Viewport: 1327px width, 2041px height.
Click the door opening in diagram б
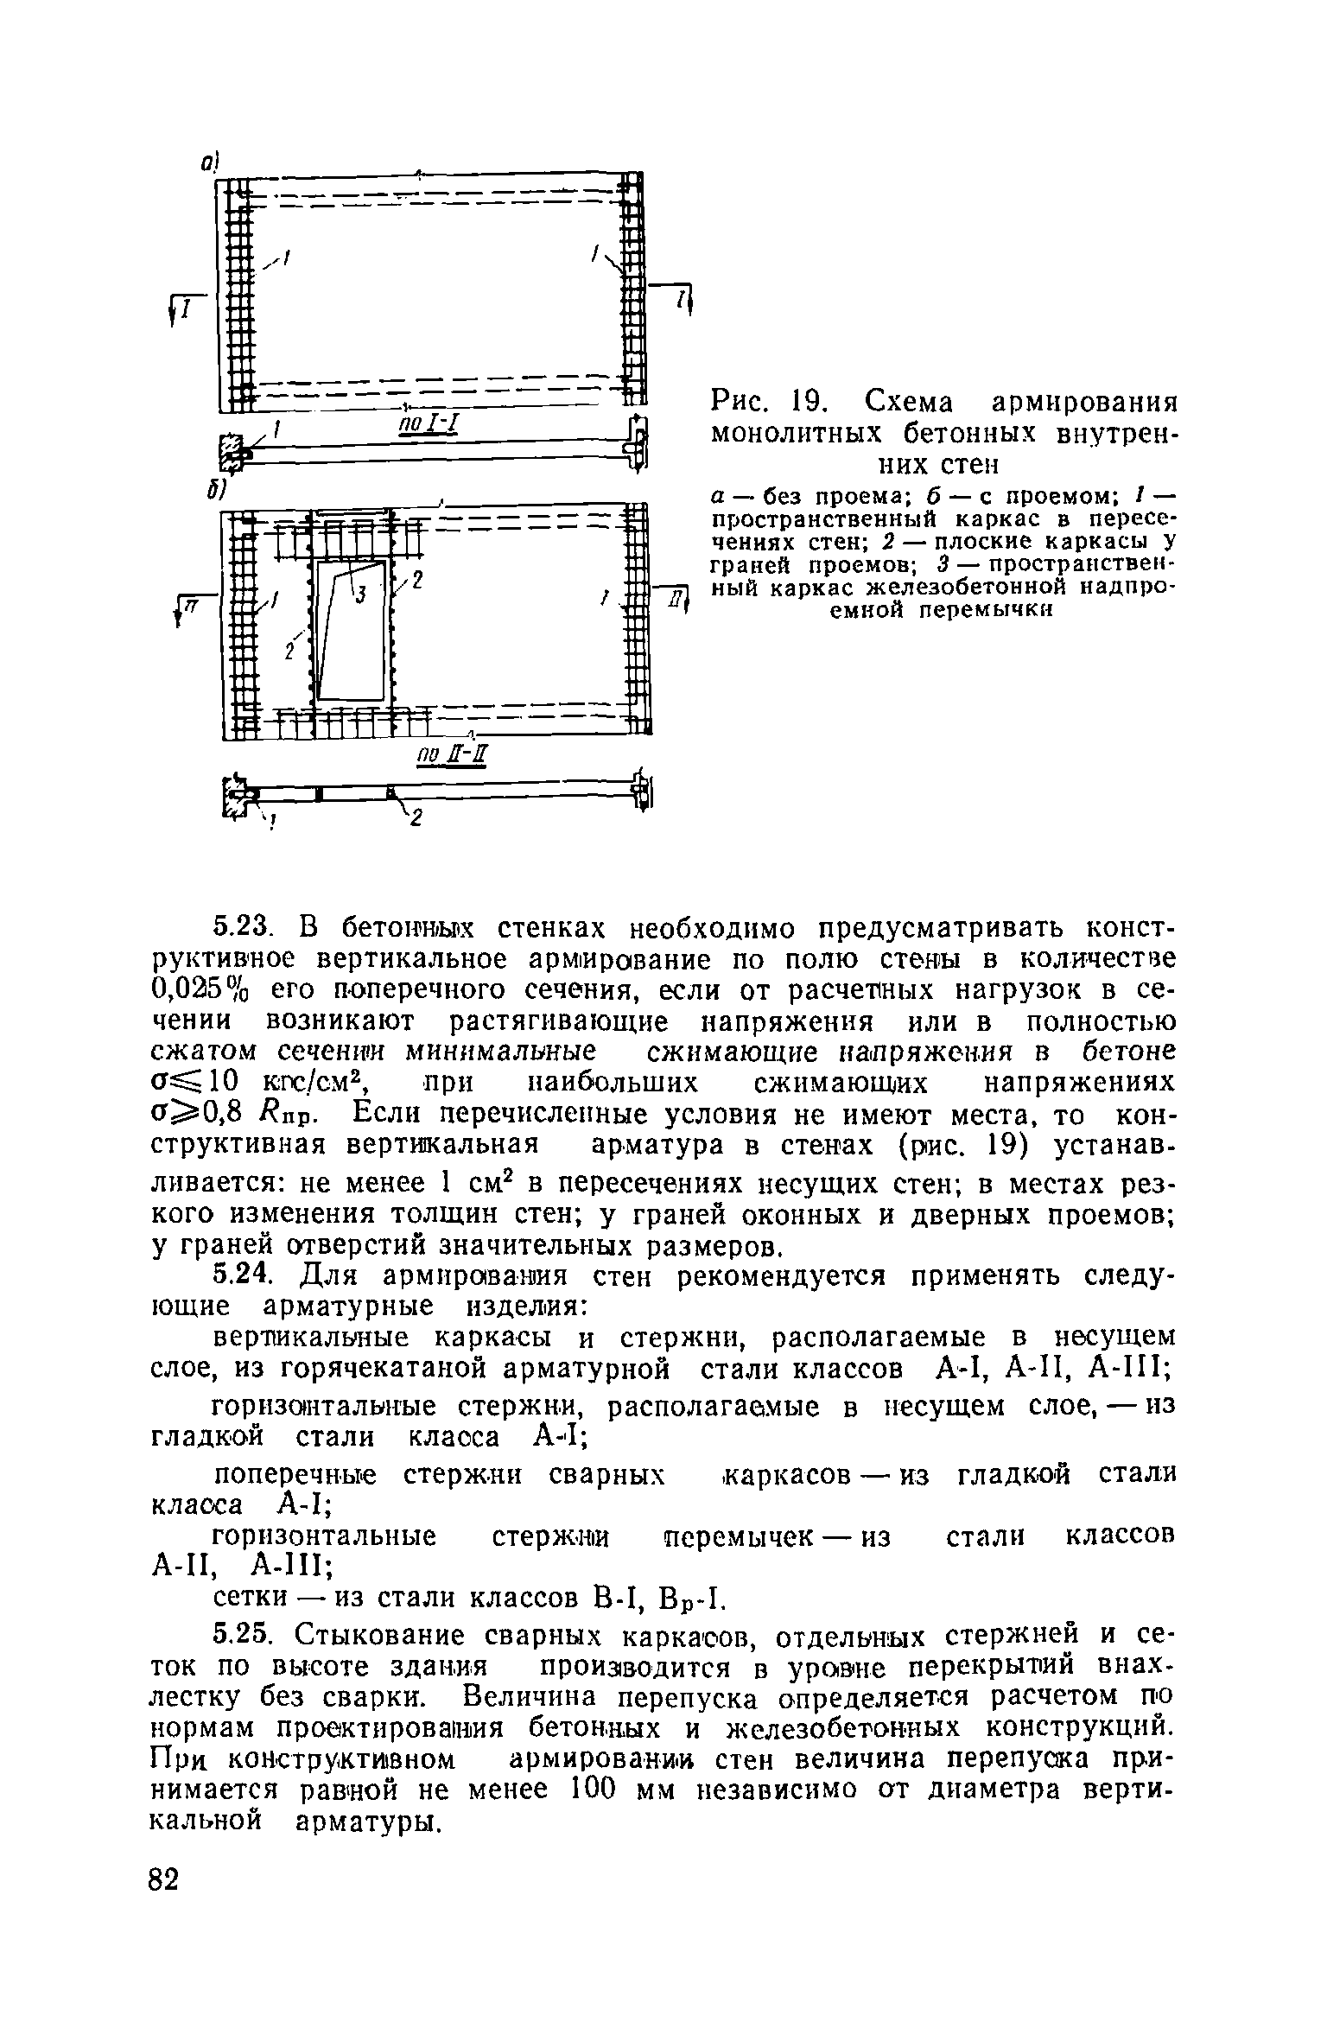click(350, 631)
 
